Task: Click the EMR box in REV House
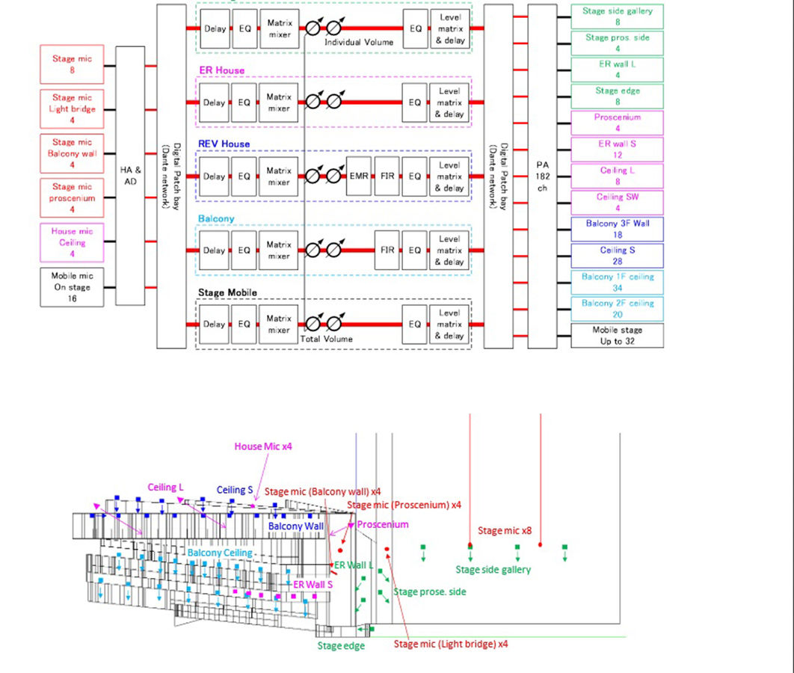359,176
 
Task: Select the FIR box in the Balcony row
387,251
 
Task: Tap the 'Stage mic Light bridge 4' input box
72,109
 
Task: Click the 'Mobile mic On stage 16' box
72,287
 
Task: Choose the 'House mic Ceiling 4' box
72,242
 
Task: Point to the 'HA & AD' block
130,176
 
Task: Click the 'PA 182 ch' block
542,176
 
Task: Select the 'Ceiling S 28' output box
618,256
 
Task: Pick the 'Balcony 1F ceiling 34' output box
618,283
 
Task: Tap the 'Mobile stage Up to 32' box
618,335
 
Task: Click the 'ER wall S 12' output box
618,150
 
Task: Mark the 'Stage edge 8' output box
618,96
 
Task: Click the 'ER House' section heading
222,70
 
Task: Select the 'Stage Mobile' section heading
227,292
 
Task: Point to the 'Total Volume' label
326,339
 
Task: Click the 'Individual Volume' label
359,42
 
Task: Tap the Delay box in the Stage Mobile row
214,324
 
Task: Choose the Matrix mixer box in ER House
279,102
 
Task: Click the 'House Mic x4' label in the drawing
263,446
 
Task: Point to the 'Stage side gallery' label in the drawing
493,570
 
